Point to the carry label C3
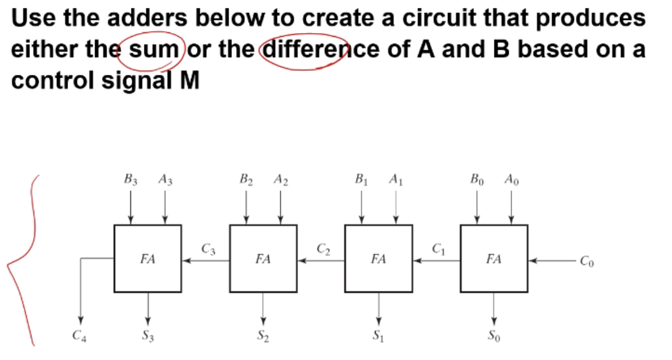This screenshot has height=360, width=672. click(x=208, y=249)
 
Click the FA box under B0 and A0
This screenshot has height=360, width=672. click(x=494, y=259)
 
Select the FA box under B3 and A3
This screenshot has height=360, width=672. click(x=147, y=259)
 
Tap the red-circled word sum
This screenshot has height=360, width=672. click(x=152, y=49)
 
